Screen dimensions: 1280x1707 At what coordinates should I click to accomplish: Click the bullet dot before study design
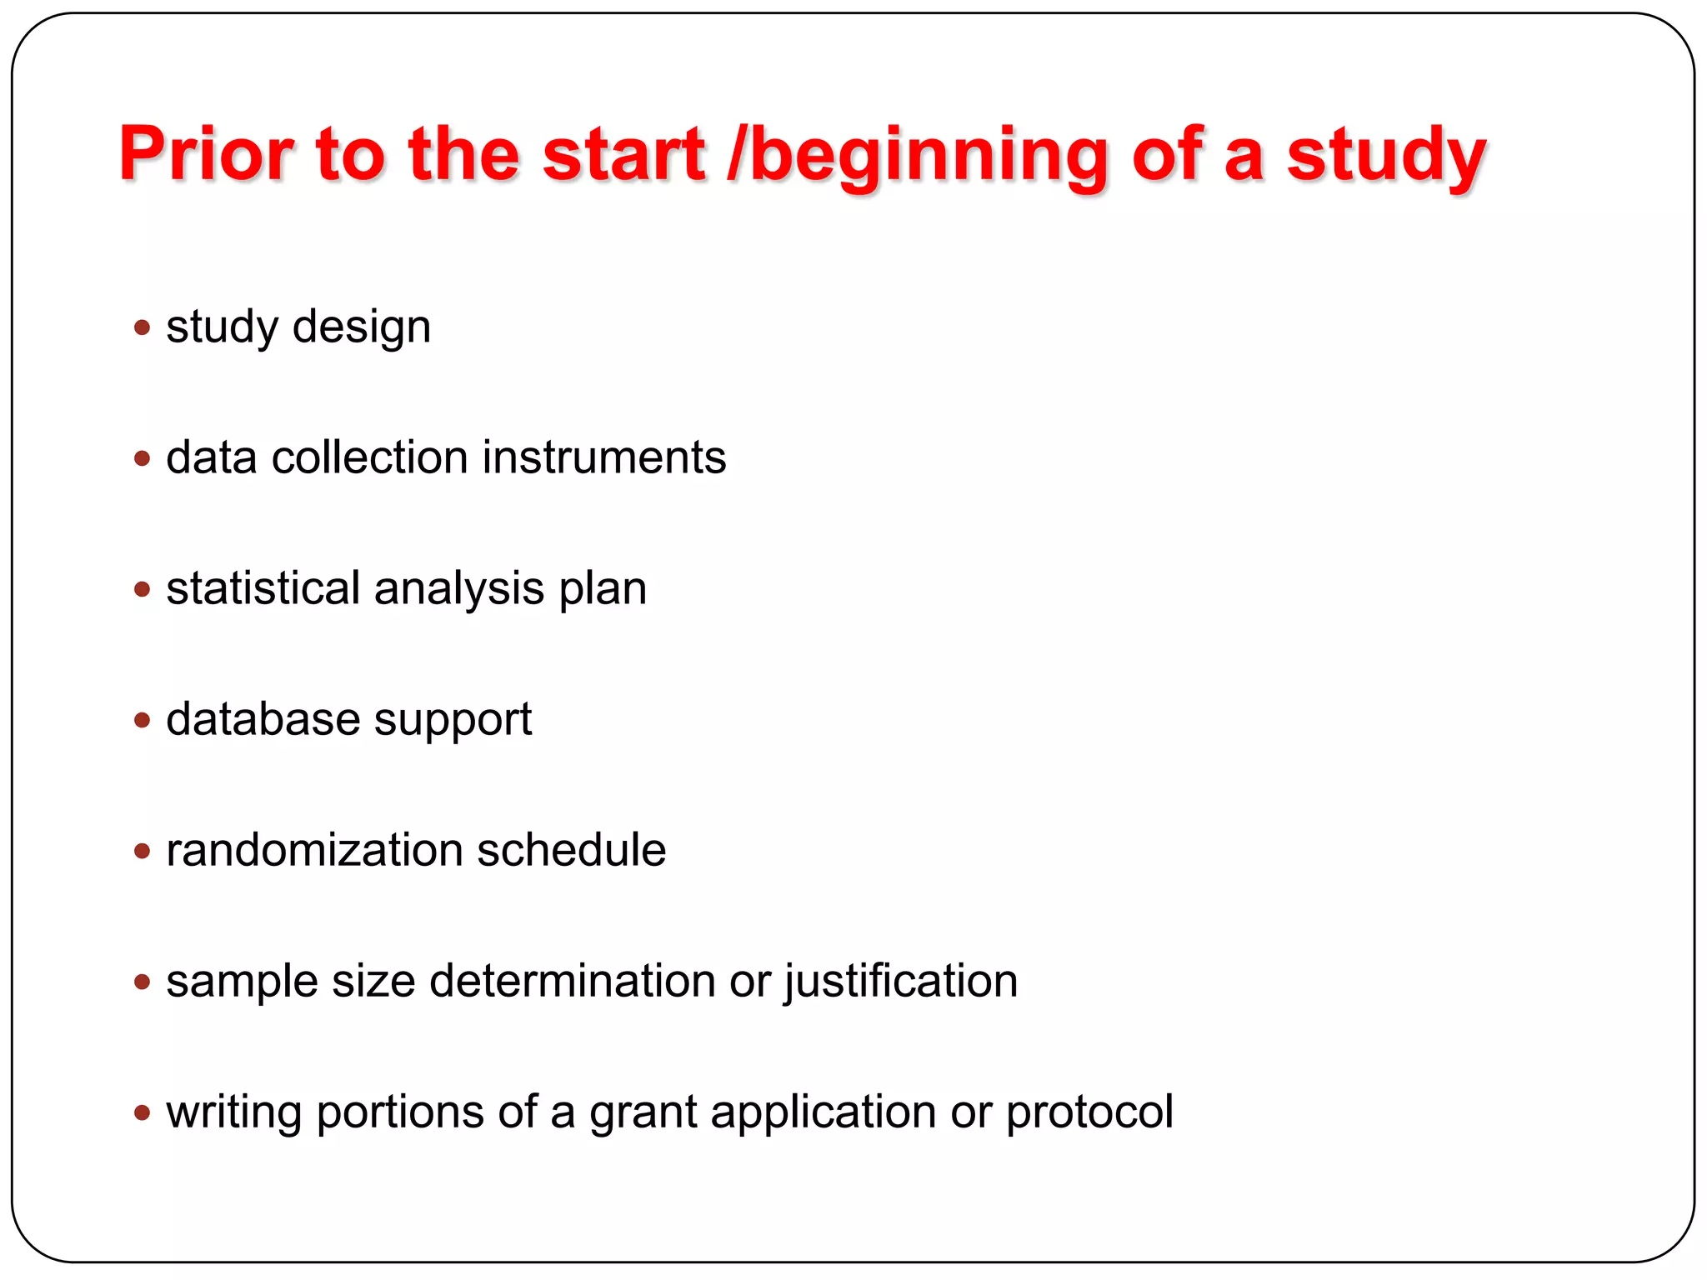[x=143, y=327]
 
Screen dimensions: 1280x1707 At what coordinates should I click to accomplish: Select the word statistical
[x=263, y=588]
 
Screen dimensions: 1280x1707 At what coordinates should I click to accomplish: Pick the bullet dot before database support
[x=143, y=719]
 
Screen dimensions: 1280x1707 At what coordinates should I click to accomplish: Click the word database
[x=263, y=719]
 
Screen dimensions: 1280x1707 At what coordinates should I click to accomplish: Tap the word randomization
[x=314, y=850]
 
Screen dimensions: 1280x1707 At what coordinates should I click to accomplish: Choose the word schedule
[x=572, y=850]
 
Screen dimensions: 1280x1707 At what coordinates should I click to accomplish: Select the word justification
[x=901, y=982]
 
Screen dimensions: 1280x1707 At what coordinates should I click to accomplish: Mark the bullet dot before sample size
[x=143, y=982]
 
